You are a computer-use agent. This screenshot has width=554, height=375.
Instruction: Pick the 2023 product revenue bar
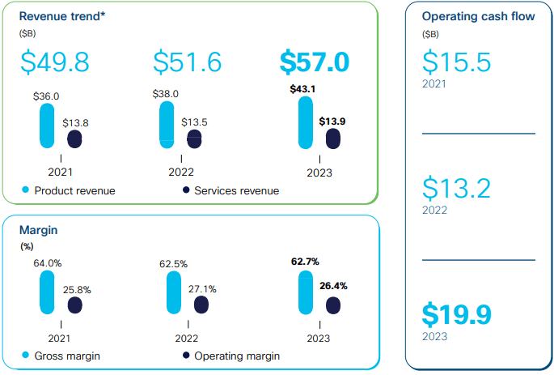(x=305, y=123)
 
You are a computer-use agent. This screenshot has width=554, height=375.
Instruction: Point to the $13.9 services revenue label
(x=333, y=121)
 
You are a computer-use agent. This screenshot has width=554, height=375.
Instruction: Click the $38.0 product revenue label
(x=166, y=93)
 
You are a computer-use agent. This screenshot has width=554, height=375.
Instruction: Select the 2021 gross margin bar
(x=47, y=292)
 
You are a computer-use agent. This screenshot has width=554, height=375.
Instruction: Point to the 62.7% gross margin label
(x=305, y=261)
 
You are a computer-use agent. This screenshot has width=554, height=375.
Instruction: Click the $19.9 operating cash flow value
(x=457, y=313)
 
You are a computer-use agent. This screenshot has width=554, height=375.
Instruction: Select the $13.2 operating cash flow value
(x=457, y=188)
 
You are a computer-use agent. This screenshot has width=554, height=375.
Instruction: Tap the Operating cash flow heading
(x=478, y=16)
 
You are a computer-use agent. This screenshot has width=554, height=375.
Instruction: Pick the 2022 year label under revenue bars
(x=180, y=172)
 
